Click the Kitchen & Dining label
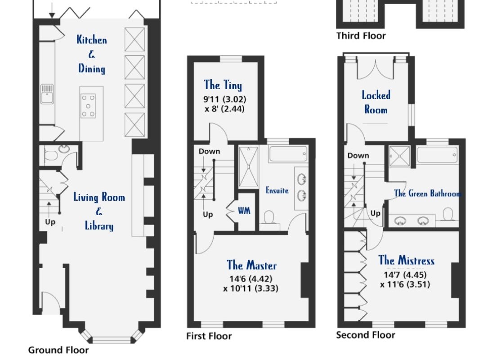tap(92, 54)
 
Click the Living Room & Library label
tap(99, 211)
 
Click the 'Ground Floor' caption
tap(58, 350)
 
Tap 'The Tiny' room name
tap(223, 85)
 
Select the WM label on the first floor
tap(244, 211)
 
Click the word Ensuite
tap(277, 190)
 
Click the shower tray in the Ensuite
tap(248, 167)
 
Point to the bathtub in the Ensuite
tap(288, 154)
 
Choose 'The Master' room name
tap(251, 265)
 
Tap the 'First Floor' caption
tap(209, 336)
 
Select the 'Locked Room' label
tap(376, 102)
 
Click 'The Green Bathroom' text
tap(427, 193)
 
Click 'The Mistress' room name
tap(406, 261)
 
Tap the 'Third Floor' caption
tap(361, 36)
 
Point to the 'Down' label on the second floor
tap(358, 156)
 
